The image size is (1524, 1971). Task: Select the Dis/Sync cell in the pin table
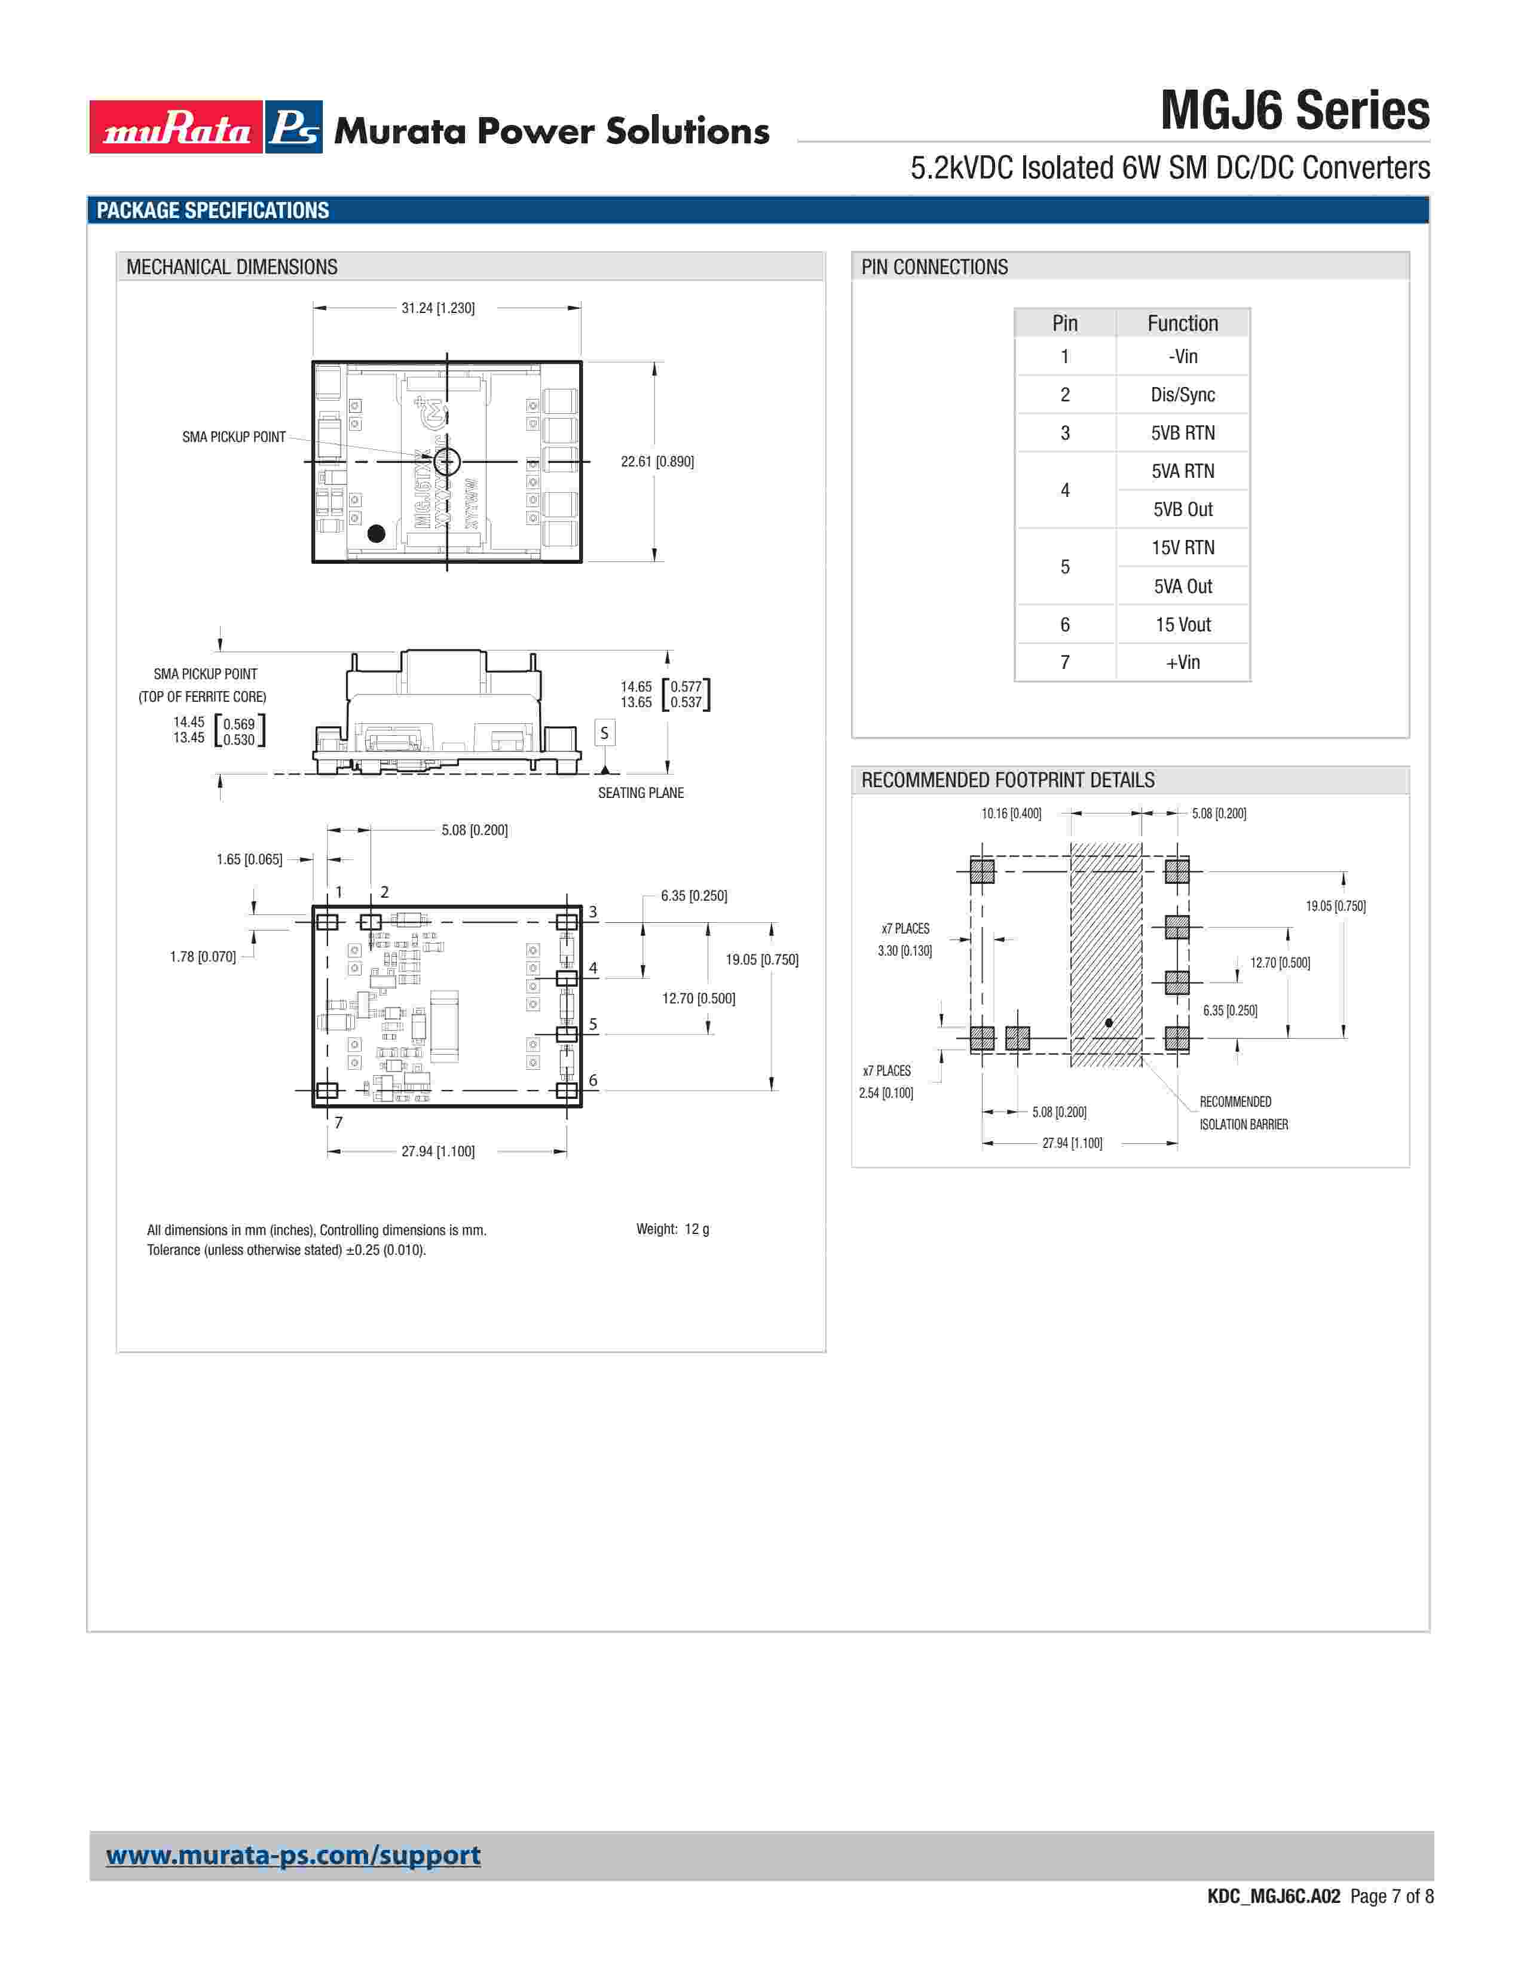tap(1183, 394)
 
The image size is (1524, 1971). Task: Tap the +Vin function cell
tap(1183, 662)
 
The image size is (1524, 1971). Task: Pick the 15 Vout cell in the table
tap(1183, 625)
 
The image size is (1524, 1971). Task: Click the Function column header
tap(1183, 323)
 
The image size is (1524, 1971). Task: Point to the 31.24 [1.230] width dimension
tap(438, 308)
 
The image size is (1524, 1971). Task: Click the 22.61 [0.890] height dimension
tap(657, 461)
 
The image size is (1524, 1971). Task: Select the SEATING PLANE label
tap(641, 793)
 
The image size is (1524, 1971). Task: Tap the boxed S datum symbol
tap(605, 733)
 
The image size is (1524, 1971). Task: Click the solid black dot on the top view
tap(377, 533)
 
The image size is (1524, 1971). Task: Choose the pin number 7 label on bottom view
tap(338, 1122)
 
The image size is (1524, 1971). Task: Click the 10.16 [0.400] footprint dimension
tap(1011, 813)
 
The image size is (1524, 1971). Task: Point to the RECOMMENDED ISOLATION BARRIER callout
tap(1243, 1113)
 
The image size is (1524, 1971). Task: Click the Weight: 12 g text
tap(672, 1229)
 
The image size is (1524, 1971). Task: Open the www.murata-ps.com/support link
tap(293, 1856)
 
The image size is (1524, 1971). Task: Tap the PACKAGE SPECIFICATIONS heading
tap(213, 210)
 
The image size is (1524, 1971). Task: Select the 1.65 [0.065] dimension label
tap(249, 859)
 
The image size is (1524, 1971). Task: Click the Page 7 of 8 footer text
tap(1391, 1896)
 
